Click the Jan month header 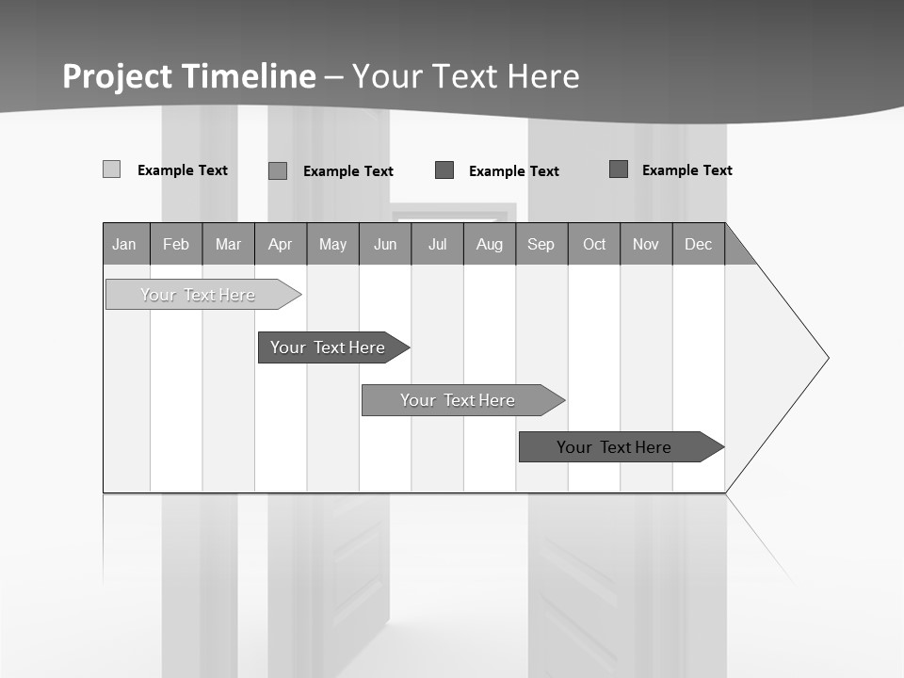click(125, 244)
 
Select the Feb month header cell click(176, 244)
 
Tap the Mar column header click(228, 244)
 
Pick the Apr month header click(281, 244)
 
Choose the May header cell click(332, 244)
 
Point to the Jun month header click(385, 244)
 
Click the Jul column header click(437, 244)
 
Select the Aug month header click(490, 244)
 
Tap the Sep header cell click(541, 244)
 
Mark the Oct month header click(594, 244)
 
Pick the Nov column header click(646, 244)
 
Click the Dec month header click(699, 244)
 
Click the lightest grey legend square click(111, 169)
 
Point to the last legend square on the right click(619, 169)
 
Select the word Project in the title click(118, 76)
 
